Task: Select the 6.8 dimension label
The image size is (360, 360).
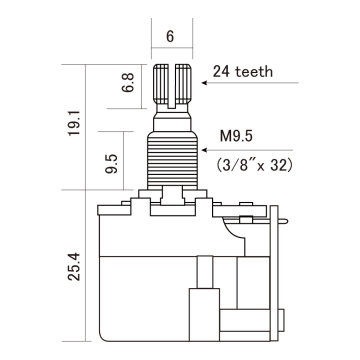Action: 127,82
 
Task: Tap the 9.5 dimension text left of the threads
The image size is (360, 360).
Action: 113,162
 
